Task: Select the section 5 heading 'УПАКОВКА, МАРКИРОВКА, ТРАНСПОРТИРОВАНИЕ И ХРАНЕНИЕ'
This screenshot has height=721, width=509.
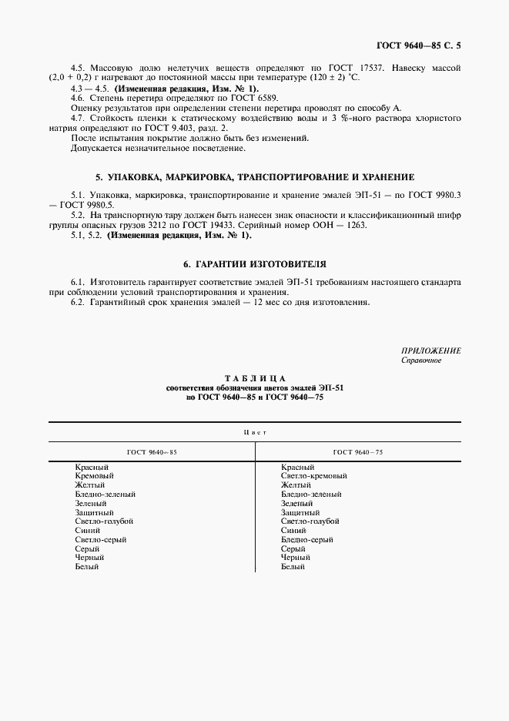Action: (x=254, y=177)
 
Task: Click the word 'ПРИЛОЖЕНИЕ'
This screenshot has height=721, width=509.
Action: (x=431, y=350)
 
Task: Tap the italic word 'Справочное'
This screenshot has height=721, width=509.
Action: (x=420, y=360)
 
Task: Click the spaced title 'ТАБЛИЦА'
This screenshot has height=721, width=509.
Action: (x=254, y=377)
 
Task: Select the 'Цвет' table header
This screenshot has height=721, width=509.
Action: (x=254, y=432)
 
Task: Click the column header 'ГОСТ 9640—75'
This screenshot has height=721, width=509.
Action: (x=358, y=452)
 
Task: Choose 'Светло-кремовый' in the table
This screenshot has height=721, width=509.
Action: (x=314, y=477)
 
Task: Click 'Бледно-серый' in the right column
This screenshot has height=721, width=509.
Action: (x=307, y=540)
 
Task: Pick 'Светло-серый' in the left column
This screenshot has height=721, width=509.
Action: (x=101, y=540)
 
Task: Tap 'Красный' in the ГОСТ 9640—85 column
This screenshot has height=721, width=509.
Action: (x=92, y=468)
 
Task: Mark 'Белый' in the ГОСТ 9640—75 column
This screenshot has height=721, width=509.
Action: (x=293, y=567)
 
